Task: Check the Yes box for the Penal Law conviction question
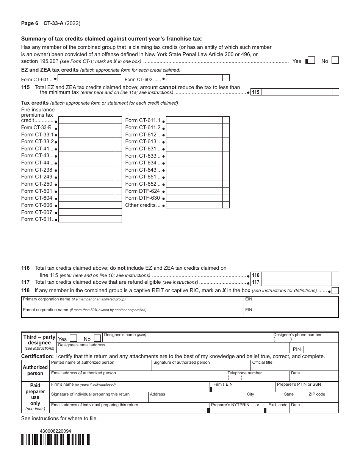(311, 60)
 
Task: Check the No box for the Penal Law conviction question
(335, 60)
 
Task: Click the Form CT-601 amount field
(86, 78)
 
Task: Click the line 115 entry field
(296, 92)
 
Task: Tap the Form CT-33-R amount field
(87, 127)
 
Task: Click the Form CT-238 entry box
(87, 170)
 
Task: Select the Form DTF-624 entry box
(194, 191)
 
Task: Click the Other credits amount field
(194, 205)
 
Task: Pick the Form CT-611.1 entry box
(194, 120)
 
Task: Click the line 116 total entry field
(296, 275)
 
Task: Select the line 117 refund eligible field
(296, 282)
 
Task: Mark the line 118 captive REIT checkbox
(335, 291)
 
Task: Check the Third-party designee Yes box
(74, 338)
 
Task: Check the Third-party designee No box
(97, 338)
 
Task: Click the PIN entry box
(321, 349)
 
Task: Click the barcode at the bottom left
(56, 439)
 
